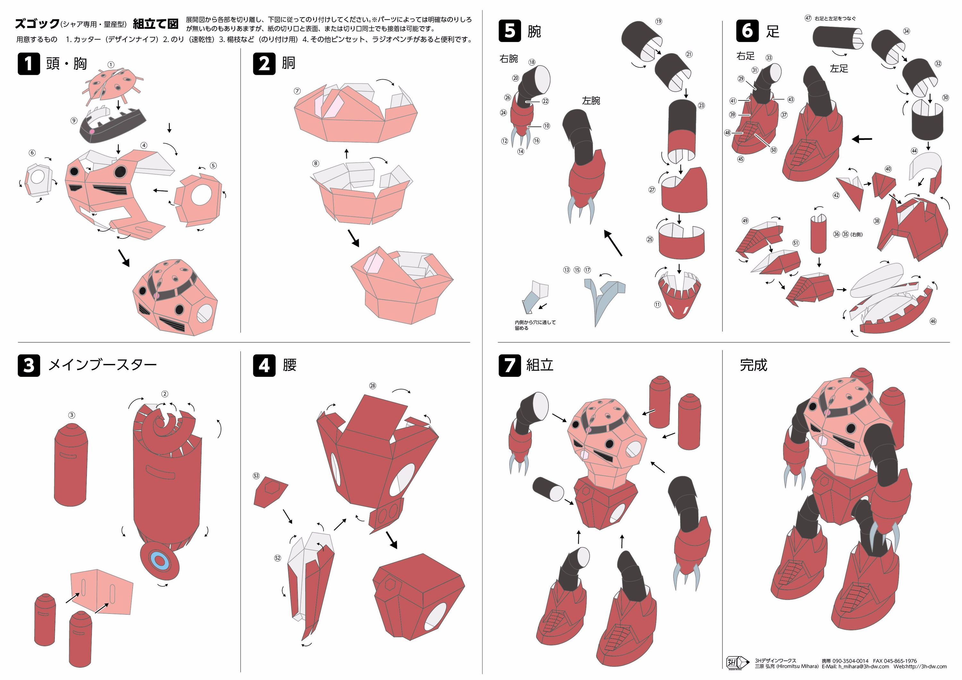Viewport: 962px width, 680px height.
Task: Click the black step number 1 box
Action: point(29,64)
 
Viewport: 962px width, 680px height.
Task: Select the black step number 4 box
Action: point(264,365)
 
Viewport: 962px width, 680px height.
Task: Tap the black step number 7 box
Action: point(510,365)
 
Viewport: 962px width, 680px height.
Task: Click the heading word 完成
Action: point(753,365)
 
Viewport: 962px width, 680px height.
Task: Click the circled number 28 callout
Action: point(373,386)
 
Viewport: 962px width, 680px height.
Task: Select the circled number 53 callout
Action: point(257,476)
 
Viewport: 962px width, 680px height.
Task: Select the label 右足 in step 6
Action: point(745,56)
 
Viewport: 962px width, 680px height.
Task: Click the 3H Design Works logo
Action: point(738,662)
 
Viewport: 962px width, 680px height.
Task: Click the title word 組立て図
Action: point(156,24)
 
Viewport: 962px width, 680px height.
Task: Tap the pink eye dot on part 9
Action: point(92,132)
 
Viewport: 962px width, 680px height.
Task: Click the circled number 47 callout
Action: point(808,18)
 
